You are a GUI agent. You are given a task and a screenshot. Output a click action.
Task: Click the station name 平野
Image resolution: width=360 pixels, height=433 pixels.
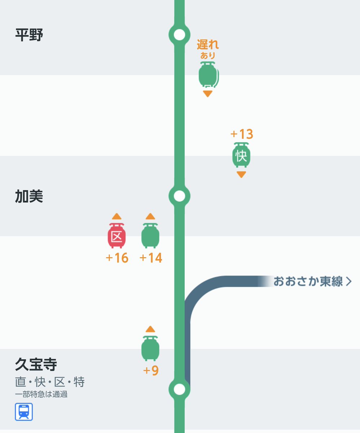(29, 35)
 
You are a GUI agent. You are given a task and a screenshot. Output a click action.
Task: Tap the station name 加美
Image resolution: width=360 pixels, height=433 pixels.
(29, 196)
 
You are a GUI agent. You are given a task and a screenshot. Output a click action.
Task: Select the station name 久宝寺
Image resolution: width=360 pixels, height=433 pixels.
(36, 364)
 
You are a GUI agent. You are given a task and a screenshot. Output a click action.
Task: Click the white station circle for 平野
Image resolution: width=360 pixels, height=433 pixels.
(179, 35)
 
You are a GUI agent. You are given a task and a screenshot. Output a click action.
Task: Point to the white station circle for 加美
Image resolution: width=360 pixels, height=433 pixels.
(179, 196)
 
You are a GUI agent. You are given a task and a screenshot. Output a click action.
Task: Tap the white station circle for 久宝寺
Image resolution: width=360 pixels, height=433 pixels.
(179, 389)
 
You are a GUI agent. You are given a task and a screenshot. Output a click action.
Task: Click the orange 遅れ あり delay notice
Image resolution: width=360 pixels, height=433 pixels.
(208, 49)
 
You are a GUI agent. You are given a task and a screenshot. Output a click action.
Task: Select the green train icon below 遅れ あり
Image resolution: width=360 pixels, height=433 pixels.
(208, 74)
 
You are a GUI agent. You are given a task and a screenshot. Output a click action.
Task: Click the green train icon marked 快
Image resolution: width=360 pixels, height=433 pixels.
(241, 155)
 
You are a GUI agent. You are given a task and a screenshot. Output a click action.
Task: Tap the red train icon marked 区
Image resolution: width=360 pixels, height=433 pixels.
(117, 236)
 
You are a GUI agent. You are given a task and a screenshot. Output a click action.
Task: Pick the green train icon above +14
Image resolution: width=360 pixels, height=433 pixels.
(150, 236)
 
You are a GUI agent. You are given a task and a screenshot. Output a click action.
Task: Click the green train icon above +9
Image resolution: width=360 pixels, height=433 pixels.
(150, 348)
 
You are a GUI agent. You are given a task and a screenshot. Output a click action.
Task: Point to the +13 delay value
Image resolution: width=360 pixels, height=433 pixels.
(242, 134)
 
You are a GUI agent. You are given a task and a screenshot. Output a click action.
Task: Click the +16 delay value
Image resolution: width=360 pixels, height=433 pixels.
(117, 258)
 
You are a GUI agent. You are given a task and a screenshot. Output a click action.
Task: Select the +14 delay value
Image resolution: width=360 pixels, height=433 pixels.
(151, 258)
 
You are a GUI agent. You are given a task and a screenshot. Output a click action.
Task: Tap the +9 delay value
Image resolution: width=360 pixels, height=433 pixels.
(151, 371)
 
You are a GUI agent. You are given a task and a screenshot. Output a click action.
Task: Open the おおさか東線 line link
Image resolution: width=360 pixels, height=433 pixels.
(312, 281)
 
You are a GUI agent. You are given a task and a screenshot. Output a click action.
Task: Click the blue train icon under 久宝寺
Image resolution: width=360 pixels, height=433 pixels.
(24, 412)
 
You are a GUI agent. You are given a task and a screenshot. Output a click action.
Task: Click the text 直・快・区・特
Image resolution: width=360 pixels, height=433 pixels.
(50, 382)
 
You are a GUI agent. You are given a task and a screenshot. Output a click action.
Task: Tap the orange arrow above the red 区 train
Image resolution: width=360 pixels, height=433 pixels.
(117, 217)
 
